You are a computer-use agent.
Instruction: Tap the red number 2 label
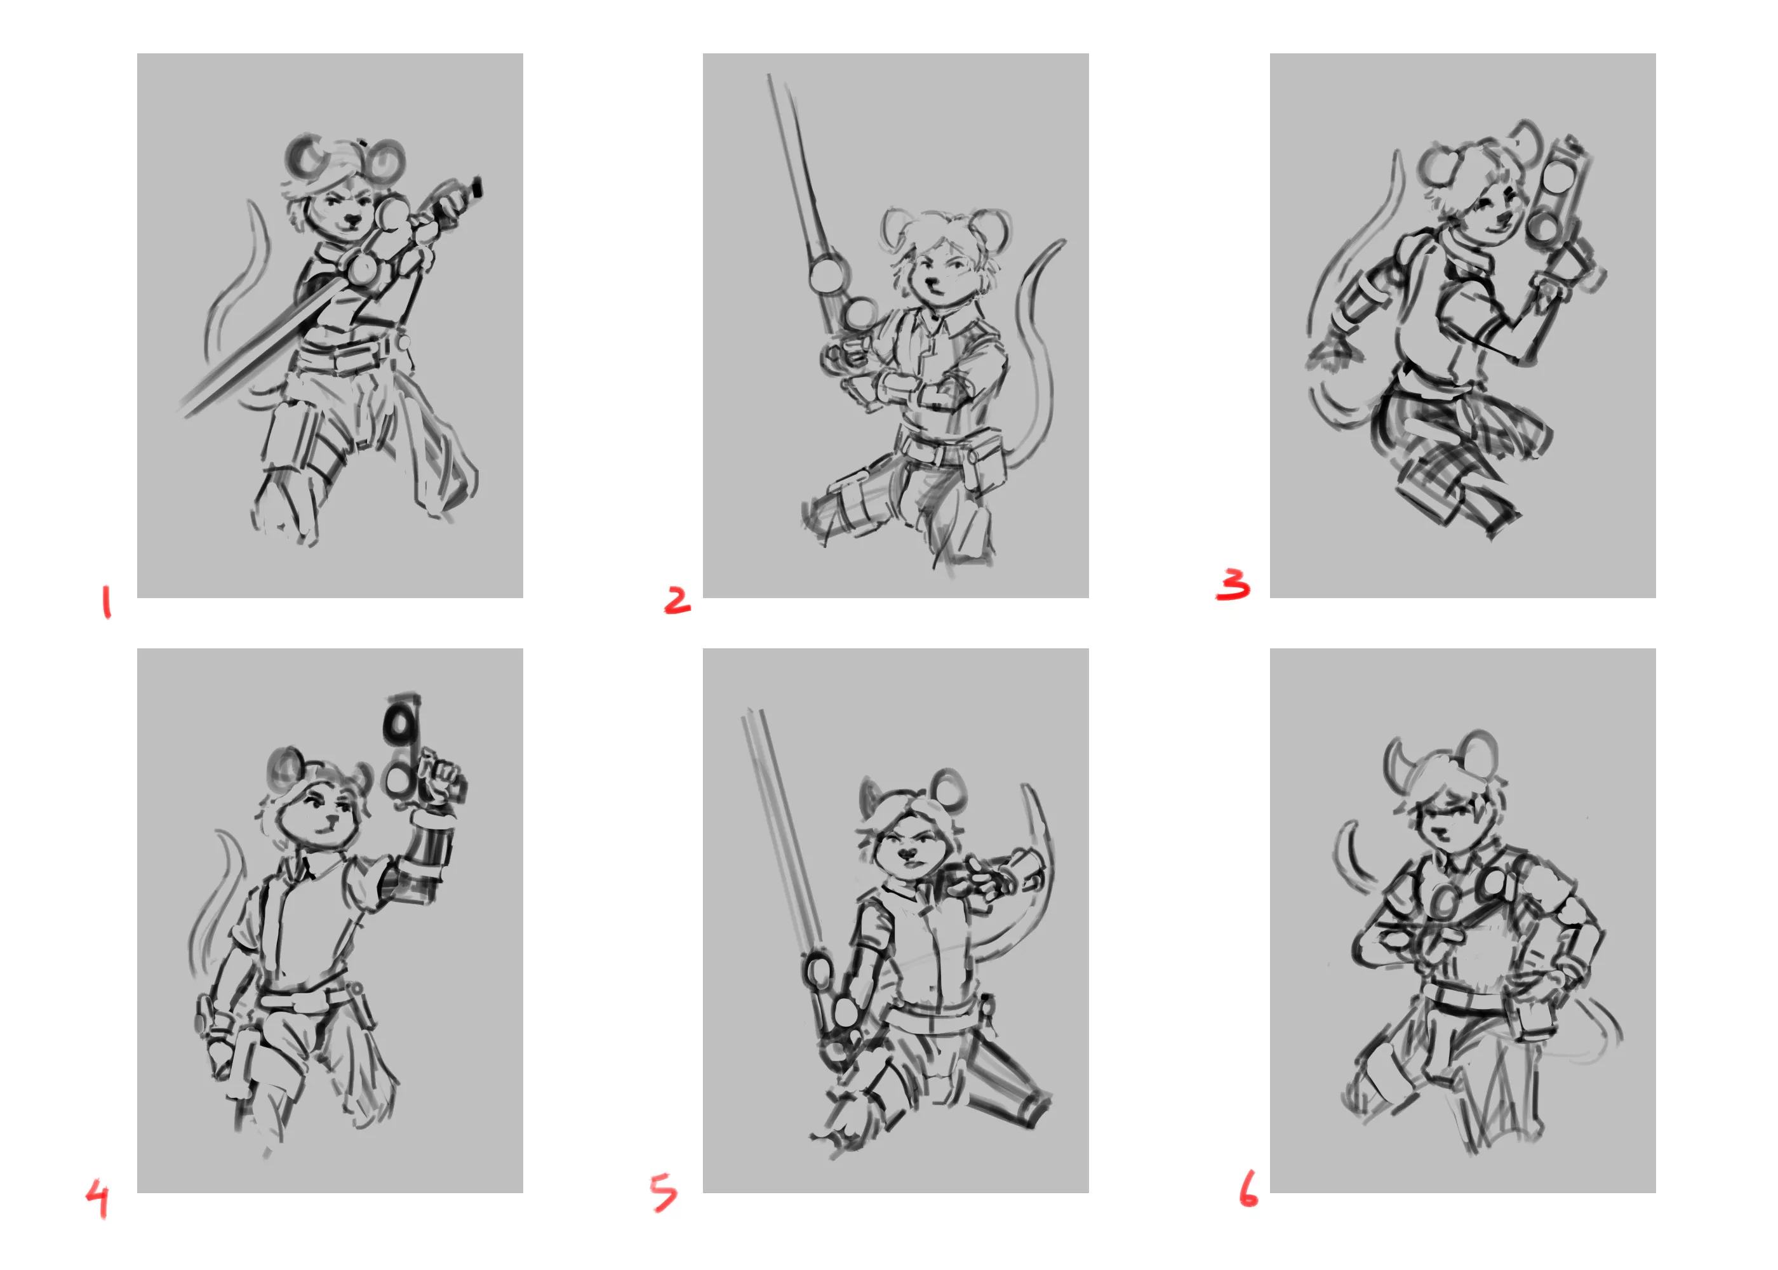pyautogui.click(x=677, y=600)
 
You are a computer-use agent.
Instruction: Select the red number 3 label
pyautogui.click(x=1233, y=584)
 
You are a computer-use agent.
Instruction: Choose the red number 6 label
pyautogui.click(x=1248, y=1188)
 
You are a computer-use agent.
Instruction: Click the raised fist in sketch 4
pyautogui.click(x=442, y=777)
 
